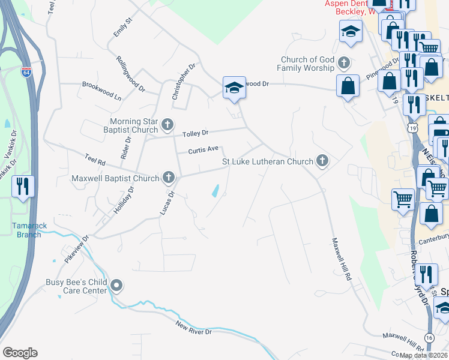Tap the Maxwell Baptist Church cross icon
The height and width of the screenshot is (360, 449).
pyautogui.click(x=169, y=178)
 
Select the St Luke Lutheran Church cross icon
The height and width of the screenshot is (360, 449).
pyautogui.click(x=322, y=161)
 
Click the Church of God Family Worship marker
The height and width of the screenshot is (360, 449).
pyautogui.click(x=344, y=63)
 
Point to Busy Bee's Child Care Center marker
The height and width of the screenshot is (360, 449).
pyautogui.click(x=116, y=286)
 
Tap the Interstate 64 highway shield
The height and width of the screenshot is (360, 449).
pyautogui.click(x=26, y=73)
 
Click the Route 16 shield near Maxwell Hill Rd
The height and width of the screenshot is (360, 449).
pyautogui.click(x=429, y=338)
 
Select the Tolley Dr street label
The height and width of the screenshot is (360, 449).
pyautogui.click(x=195, y=133)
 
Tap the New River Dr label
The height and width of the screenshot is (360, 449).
pyautogui.click(x=194, y=328)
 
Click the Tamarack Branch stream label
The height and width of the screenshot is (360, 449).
pyautogui.click(x=27, y=230)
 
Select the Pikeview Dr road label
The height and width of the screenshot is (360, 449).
pyautogui.click(x=77, y=247)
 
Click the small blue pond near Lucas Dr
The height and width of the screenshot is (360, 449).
pyautogui.click(x=215, y=192)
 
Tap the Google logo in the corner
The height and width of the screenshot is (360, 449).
pyautogui.click(x=20, y=353)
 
